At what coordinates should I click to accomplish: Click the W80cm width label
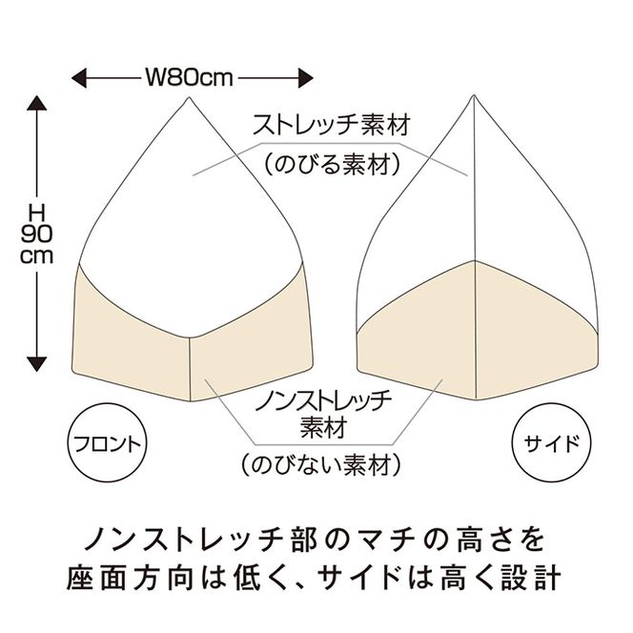(190, 76)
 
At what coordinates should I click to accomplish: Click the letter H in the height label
(37, 212)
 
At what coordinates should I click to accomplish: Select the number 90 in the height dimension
(37, 235)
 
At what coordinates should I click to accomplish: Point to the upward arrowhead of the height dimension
(37, 101)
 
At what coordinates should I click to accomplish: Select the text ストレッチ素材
(328, 125)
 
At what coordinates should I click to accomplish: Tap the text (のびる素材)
(328, 164)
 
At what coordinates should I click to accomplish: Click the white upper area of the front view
(172, 219)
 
